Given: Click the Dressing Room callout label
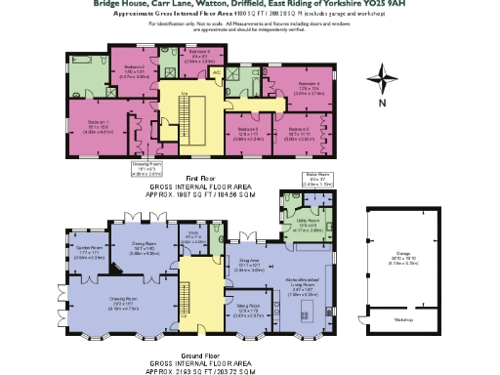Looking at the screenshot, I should [x=146, y=165].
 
